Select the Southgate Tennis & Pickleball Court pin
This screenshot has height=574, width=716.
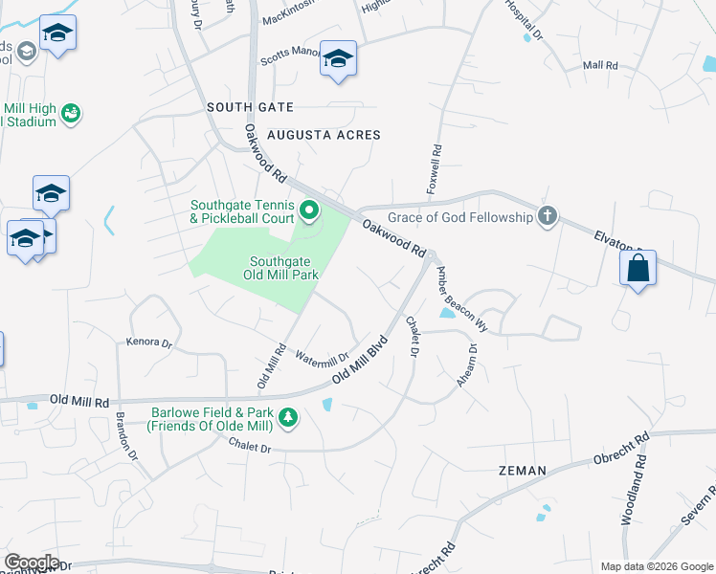tap(309, 208)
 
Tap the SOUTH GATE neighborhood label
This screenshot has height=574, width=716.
tap(251, 107)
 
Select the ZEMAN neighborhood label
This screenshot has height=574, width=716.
tap(523, 471)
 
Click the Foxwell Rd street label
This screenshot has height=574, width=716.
tap(436, 166)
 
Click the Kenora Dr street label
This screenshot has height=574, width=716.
tap(148, 341)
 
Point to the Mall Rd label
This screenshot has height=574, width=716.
tap(600, 65)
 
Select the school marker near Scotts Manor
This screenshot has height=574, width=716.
tap(338, 59)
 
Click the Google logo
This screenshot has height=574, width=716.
tap(31, 563)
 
